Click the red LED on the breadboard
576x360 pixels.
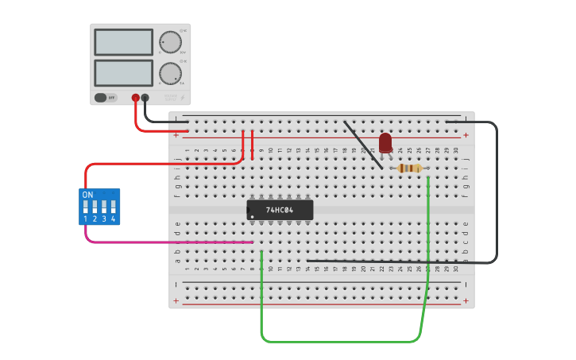point(385,142)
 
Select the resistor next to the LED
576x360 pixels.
point(409,168)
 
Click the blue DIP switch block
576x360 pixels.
point(99,207)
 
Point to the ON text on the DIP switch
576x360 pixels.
point(87,195)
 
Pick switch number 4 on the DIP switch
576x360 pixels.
point(113,208)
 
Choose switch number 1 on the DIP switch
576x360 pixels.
point(86,208)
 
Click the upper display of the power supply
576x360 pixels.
point(123,42)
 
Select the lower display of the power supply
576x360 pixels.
point(123,73)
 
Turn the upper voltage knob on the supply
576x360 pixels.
point(170,42)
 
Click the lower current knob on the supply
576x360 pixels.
point(170,73)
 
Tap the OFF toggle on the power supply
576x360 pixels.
point(101,98)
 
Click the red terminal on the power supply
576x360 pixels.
point(136,98)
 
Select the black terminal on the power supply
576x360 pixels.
point(145,98)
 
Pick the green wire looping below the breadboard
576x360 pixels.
point(342,342)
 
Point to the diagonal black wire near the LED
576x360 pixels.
point(361,143)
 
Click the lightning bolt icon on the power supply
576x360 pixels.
point(182,98)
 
